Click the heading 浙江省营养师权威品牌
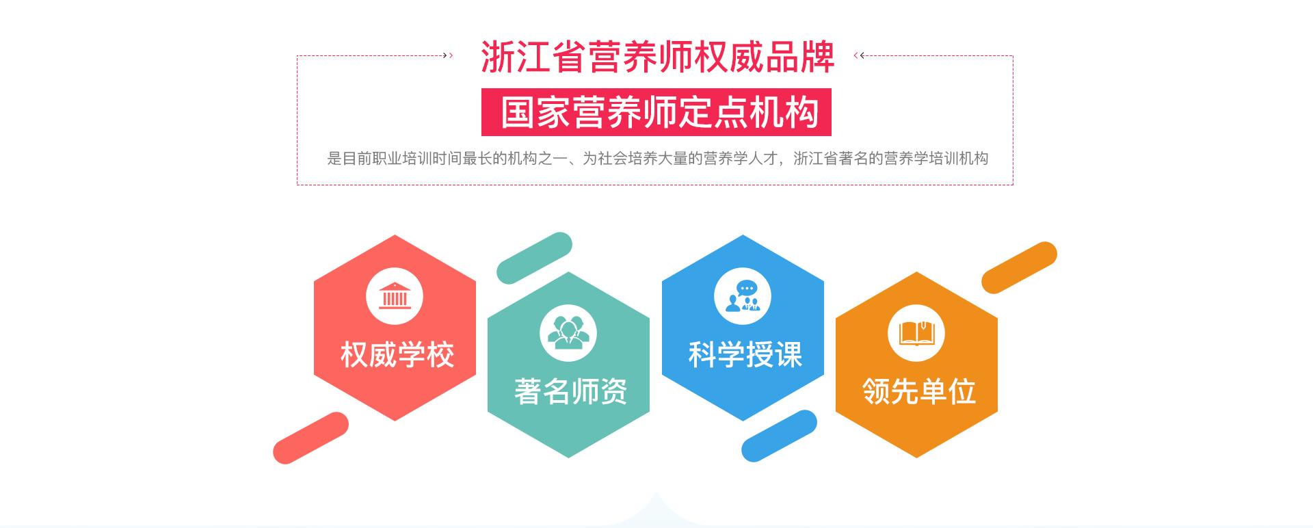[658, 57]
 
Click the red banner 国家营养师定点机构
[656, 112]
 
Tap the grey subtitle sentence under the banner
[658, 159]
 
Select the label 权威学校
[397, 354]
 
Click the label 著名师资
[571, 391]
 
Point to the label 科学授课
[745, 354]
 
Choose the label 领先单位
[919, 391]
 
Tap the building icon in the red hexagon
[395, 297]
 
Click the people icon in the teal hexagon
[568, 334]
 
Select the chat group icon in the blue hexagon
[743, 297]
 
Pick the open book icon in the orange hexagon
[916, 334]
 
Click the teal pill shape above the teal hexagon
[534, 258]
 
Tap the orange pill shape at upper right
[1019, 267]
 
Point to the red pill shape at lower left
[311, 438]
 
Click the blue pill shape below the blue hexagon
[780, 436]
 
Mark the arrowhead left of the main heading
[449, 55]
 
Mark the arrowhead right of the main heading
[859, 55]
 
